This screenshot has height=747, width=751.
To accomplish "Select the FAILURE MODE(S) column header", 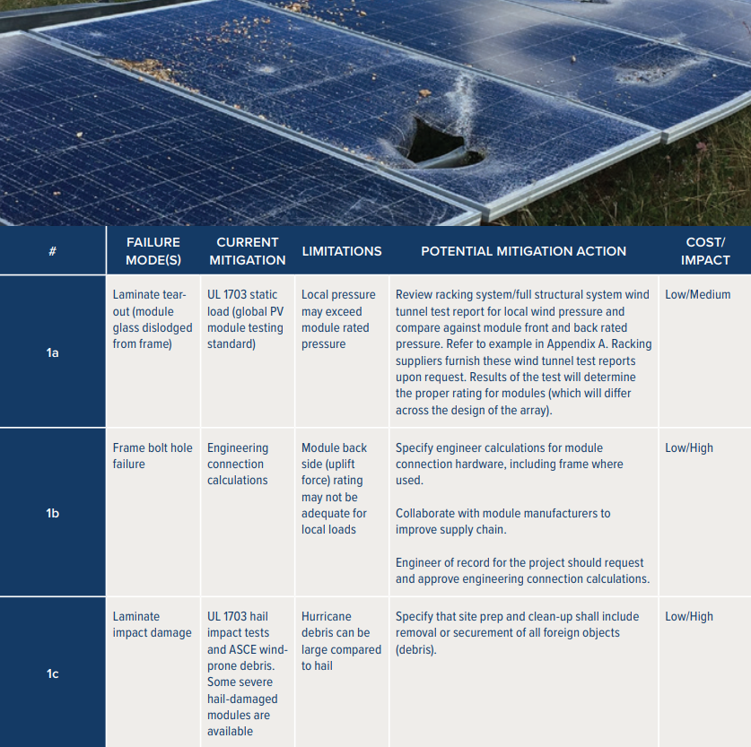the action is [x=153, y=251].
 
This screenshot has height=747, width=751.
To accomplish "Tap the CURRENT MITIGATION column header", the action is [x=247, y=251].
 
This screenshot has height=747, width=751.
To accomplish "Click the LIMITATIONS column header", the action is [x=342, y=251].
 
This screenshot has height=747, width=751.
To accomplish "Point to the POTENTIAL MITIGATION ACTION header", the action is [x=523, y=251].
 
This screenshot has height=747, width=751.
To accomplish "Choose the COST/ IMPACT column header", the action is [x=705, y=251].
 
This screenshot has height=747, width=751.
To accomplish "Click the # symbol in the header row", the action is [x=53, y=251].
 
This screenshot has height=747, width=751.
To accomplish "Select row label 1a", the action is [x=53, y=352].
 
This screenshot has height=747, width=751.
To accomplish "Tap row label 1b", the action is [x=53, y=513].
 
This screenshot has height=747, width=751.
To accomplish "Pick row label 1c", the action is [x=53, y=673].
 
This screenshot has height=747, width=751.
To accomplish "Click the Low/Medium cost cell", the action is [x=698, y=295].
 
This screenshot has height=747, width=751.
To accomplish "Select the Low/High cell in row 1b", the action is [x=689, y=447].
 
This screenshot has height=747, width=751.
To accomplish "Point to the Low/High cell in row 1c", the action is [x=689, y=616].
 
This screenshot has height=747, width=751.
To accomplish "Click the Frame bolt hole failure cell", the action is [x=153, y=456].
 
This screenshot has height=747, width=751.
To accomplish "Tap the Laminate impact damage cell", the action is [x=152, y=624].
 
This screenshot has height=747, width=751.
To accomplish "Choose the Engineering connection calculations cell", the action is [x=238, y=464].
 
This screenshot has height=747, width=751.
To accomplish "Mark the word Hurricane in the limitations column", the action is [x=327, y=616].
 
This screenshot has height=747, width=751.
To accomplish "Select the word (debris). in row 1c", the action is [x=415, y=650].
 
